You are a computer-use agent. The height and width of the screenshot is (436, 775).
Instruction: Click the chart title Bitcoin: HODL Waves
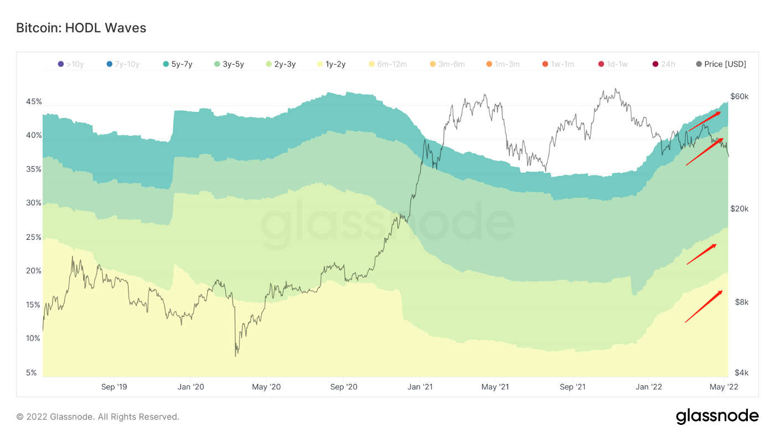click(81, 28)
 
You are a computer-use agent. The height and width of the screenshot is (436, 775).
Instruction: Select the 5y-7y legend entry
click(177, 64)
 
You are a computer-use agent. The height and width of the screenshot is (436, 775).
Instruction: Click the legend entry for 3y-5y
click(229, 64)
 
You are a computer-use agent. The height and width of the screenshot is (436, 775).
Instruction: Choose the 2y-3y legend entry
click(281, 64)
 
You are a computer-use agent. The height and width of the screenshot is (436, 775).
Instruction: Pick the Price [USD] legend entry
click(721, 64)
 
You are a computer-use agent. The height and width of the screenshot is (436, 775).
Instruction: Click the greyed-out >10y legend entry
click(71, 64)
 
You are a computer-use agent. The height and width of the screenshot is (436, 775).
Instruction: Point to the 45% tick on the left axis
click(34, 102)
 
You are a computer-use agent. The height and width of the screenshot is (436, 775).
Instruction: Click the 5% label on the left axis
click(32, 373)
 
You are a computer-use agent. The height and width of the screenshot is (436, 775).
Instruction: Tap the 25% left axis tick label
click(34, 238)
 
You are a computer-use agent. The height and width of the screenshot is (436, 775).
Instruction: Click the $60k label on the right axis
click(739, 96)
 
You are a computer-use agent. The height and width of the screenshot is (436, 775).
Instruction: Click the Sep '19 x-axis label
click(115, 387)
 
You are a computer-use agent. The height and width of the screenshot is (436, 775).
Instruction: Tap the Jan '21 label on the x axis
click(421, 387)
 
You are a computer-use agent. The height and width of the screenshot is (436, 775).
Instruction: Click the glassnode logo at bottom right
click(717, 416)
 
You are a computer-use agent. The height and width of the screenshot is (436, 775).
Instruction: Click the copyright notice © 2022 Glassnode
click(97, 417)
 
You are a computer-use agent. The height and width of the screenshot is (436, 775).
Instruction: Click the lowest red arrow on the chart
click(704, 306)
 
